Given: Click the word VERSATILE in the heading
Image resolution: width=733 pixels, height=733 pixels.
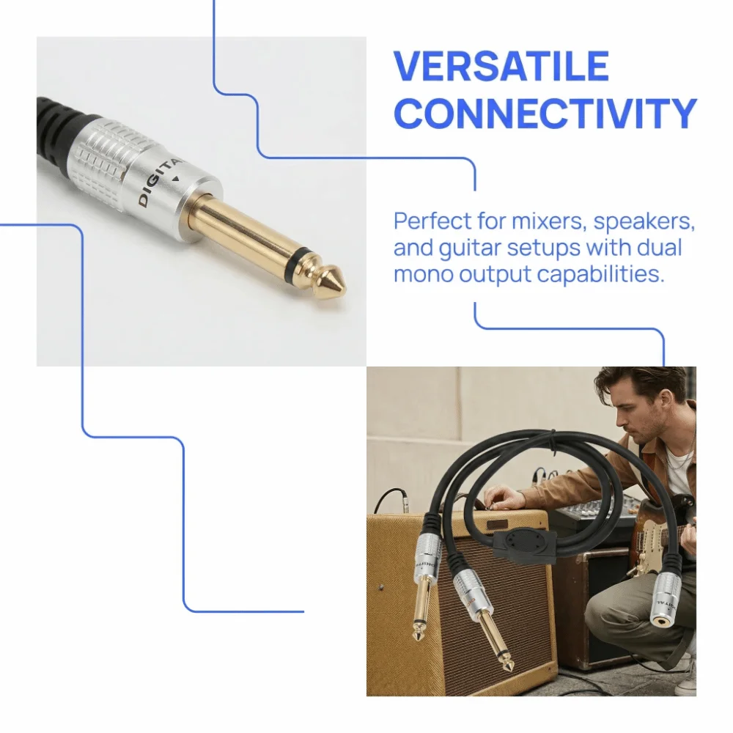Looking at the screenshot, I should [x=501, y=66].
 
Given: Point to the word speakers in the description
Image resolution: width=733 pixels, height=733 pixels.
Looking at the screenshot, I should [x=643, y=221].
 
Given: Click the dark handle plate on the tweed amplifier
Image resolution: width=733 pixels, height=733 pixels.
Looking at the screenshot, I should [x=498, y=525].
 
